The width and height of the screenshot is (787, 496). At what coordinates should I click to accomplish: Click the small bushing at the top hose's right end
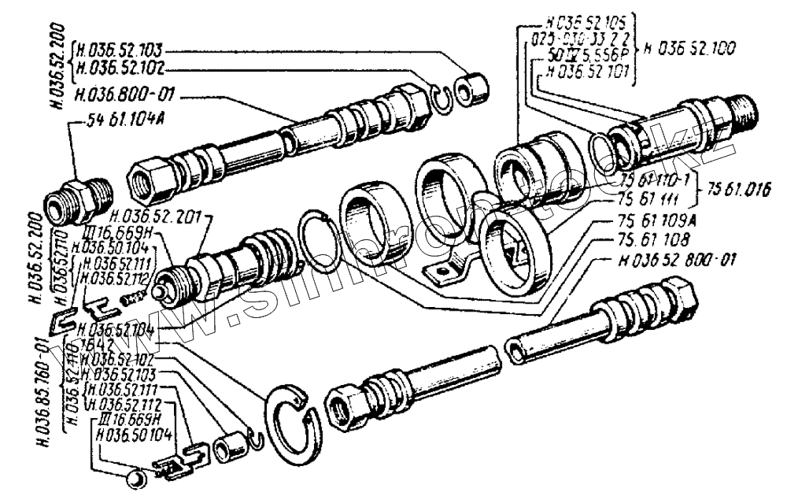click(x=471, y=87)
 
